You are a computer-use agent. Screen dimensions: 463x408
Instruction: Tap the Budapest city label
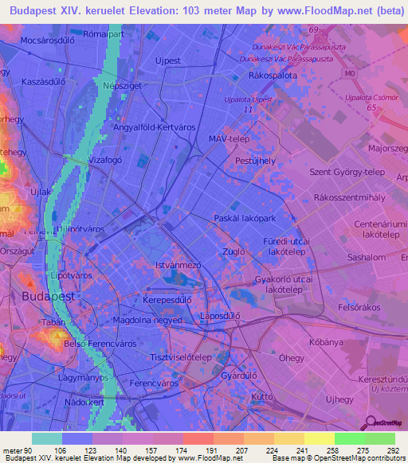[49, 294]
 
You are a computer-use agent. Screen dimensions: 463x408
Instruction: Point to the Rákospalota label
[273, 74]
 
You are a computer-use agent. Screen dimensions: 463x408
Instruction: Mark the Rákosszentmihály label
[347, 196]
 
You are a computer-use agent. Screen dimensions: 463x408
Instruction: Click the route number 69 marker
[313, 29]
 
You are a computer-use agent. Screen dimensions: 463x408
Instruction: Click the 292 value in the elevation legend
[393, 450]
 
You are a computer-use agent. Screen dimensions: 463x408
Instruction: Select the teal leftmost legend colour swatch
[47, 438]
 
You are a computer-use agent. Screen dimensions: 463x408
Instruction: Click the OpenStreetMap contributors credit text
[350, 459]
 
